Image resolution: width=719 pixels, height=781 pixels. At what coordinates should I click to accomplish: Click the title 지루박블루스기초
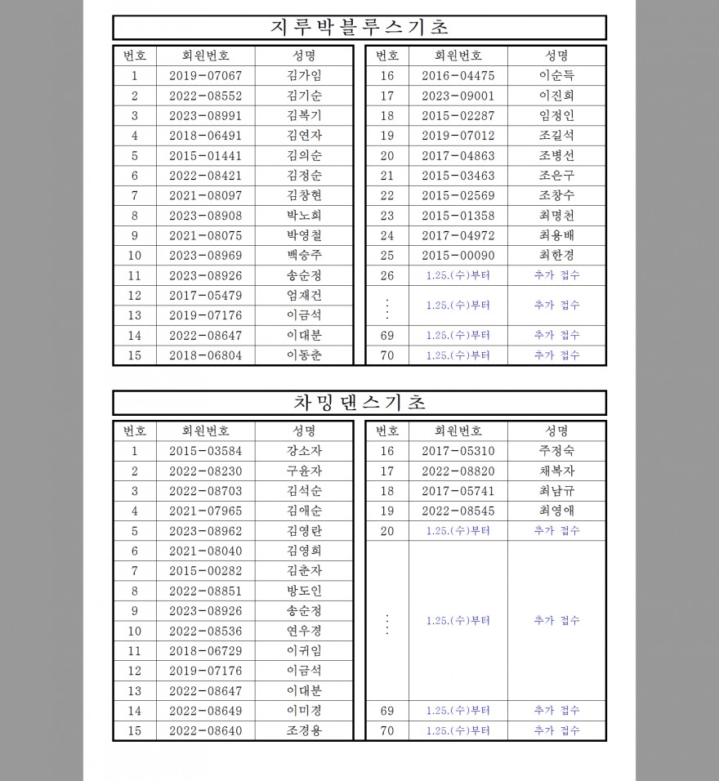click(x=359, y=27)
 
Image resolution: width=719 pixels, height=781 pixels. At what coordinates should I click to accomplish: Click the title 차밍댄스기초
click(x=359, y=403)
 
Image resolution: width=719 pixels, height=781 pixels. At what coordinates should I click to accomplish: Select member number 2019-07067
click(x=206, y=76)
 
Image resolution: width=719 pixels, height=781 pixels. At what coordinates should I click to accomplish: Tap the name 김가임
click(x=304, y=76)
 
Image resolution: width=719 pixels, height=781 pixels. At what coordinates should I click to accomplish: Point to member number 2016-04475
click(x=458, y=76)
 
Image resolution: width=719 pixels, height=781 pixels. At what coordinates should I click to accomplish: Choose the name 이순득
click(x=556, y=76)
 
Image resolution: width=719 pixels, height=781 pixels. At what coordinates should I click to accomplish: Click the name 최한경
click(x=556, y=256)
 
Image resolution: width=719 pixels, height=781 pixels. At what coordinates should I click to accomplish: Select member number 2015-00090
click(x=458, y=256)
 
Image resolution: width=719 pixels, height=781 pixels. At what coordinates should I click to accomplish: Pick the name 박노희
click(x=304, y=216)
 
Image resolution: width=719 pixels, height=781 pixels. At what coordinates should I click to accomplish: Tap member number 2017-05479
click(x=206, y=296)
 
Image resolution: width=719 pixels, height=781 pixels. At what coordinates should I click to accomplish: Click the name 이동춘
click(x=304, y=355)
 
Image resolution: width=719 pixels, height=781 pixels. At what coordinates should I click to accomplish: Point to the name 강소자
click(x=304, y=451)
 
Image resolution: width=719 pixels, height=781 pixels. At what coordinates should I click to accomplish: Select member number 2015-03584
click(x=206, y=451)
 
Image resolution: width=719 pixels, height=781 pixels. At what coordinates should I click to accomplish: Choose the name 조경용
click(x=304, y=731)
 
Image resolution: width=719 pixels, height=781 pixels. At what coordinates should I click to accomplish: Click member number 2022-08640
click(x=206, y=731)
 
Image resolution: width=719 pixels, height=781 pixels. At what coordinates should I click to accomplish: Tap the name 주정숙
click(x=556, y=451)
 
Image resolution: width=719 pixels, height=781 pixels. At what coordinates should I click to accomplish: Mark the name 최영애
click(x=556, y=511)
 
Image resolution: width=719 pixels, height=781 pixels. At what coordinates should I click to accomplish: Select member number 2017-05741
click(x=458, y=491)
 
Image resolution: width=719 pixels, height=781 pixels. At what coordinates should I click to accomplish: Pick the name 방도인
click(x=304, y=591)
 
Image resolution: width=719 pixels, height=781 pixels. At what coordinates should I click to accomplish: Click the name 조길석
click(x=556, y=136)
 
